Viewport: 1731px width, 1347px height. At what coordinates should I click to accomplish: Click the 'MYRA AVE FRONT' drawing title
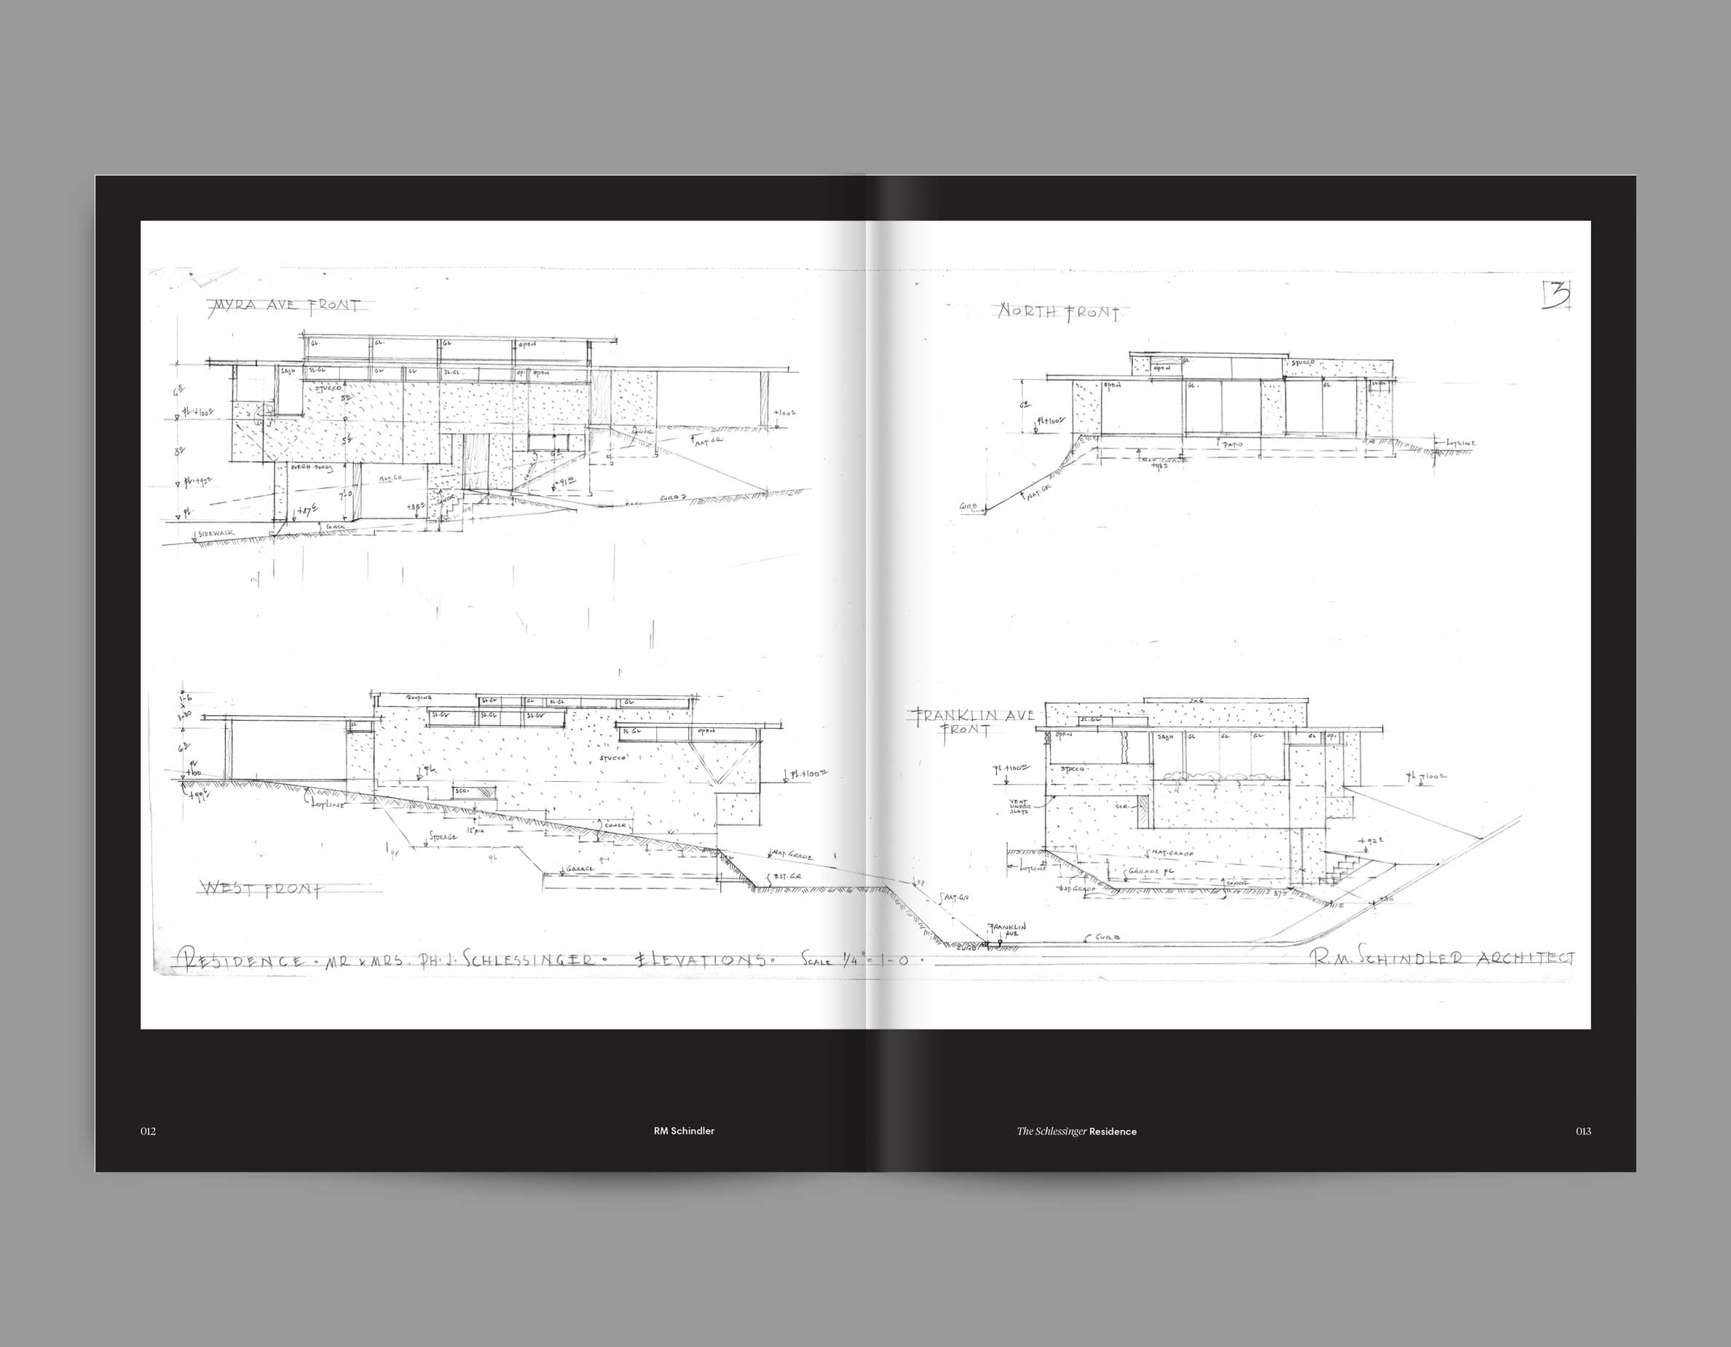coord(285,305)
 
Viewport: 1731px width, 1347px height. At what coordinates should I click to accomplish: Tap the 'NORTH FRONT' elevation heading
coord(1058,313)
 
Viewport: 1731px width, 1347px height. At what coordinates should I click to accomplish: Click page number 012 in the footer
coord(149,1131)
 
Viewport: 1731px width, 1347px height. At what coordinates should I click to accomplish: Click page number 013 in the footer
coord(1582,1131)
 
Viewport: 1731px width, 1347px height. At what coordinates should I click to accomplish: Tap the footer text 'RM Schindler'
coord(684,1131)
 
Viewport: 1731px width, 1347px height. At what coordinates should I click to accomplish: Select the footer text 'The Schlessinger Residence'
coord(1076,1131)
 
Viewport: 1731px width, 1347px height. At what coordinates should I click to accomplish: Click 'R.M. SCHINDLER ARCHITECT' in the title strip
coord(1443,958)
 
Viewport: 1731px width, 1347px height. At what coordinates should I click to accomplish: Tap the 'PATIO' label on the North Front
coord(1232,446)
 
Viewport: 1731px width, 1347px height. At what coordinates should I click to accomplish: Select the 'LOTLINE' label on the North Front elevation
coord(1460,443)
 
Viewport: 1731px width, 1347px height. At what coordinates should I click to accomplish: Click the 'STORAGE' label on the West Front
coord(442,837)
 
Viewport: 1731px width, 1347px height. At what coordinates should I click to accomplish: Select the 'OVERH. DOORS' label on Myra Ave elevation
coord(312,468)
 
